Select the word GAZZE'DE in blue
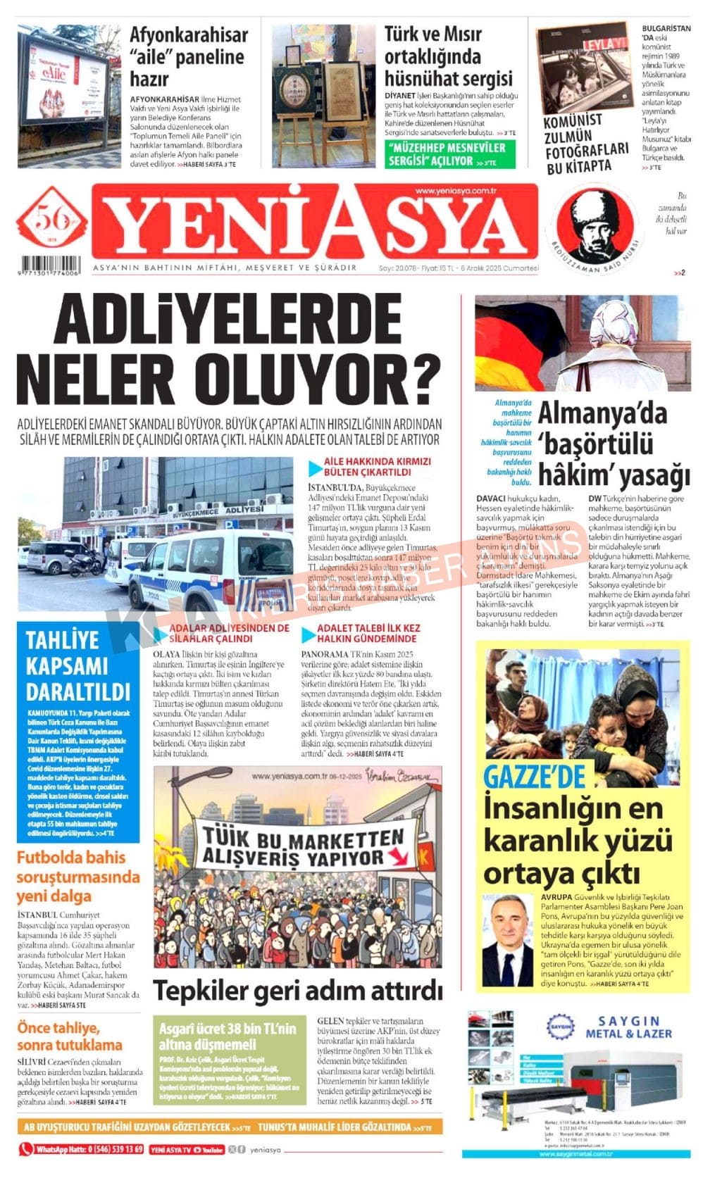coord(534,777)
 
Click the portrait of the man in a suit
coord(508,940)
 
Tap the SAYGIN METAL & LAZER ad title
coord(628,1027)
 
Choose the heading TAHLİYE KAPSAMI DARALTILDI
coord(77,665)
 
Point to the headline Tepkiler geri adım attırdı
coord(298,990)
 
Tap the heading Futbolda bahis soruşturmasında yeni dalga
coord(77,877)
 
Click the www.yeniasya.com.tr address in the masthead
coord(456,191)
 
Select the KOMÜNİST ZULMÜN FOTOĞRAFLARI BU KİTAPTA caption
coord(586,144)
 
